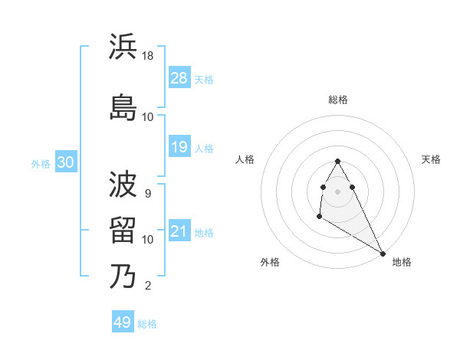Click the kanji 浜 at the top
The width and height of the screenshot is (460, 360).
[123, 47]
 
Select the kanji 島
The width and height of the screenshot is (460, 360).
[123, 108]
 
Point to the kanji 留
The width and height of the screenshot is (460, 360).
[123, 231]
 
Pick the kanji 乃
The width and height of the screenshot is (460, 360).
[123, 277]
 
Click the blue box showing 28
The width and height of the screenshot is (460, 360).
[179, 77]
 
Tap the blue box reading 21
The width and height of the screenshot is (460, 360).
[179, 231]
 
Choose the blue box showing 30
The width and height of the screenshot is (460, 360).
[65, 162]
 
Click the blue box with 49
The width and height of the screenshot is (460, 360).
[123, 322]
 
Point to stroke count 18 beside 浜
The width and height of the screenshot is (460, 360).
[149, 56]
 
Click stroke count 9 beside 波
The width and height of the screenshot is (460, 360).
[148, 194]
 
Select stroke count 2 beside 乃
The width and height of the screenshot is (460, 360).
[148, 286]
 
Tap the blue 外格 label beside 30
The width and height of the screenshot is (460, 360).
[41, 163]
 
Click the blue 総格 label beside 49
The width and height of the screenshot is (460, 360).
[147, 324]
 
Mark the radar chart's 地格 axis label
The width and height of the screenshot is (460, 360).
[402, 262]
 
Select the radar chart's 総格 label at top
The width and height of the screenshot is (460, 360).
[338, 100]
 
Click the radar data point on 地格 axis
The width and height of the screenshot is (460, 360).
[383, 254]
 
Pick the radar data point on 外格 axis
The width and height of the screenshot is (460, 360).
[319, 217]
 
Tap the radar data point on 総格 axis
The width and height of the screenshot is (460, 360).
[338, 162]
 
